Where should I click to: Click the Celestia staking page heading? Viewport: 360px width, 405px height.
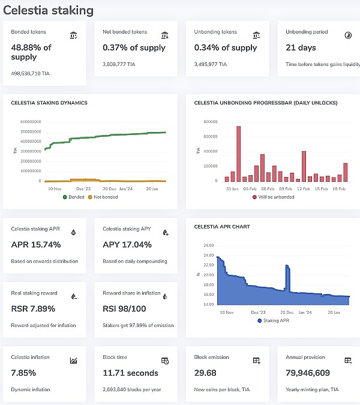pos(49,10)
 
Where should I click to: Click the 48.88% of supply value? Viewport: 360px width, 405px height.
pos(31,52)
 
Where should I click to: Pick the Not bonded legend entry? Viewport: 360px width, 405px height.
pos(103,197)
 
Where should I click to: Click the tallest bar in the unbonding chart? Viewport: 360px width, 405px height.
pos(238,154)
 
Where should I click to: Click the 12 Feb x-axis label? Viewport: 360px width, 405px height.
pos(303,188)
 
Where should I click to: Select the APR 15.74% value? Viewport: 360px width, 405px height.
pos(36,245)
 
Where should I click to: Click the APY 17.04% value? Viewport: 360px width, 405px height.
pos(127,245)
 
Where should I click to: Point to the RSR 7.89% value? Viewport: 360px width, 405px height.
pos(33,309)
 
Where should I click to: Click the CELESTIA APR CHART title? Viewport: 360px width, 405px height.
pos(222,227)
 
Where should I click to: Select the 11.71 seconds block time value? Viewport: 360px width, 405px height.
pos(130,373)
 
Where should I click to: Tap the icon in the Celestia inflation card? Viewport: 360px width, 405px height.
pos(73,361)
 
